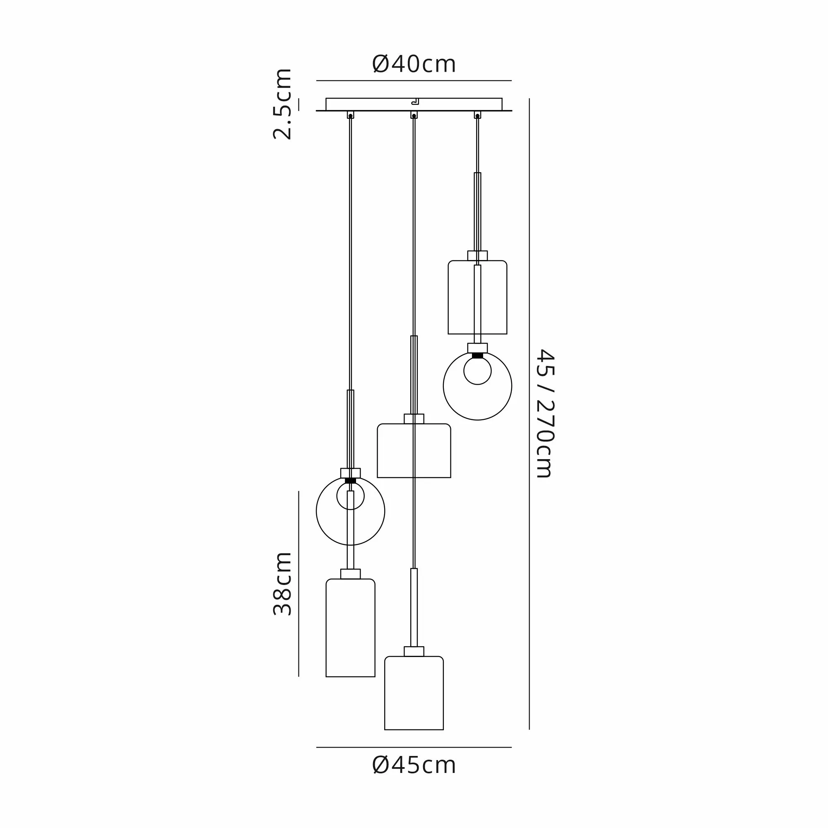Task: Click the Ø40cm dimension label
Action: [x=414, y=64]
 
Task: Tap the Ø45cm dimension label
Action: [x=414, y=765]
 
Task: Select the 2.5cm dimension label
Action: [x=282, y=104]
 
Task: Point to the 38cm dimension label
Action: [x=282, y=584]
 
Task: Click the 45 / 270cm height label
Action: [x=546, y=414]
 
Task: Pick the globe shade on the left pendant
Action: [x=316, y=511]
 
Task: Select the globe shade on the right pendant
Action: [x=443, y=386]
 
